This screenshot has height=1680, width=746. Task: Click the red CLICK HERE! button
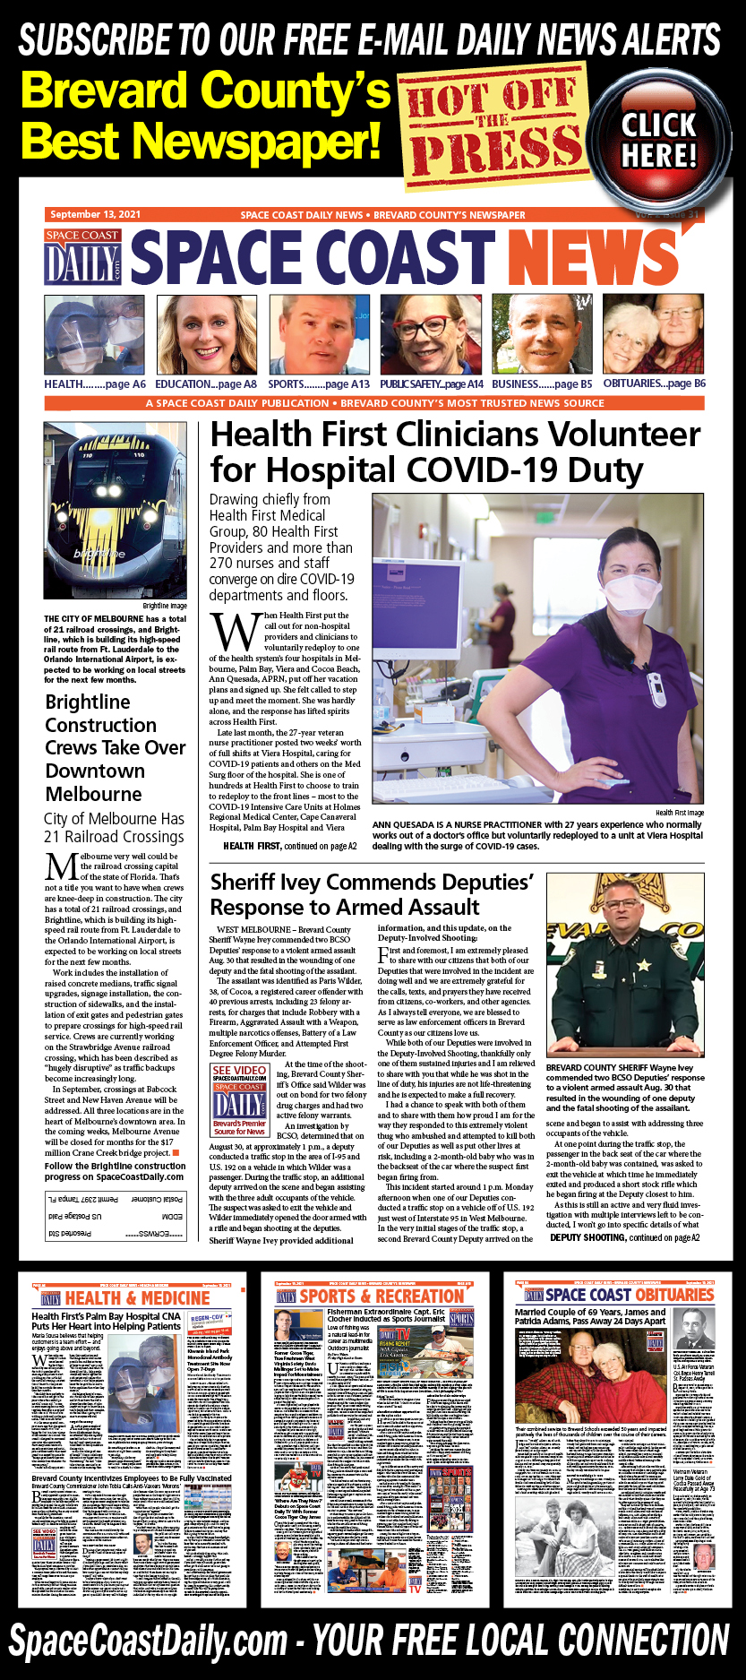pyautogui.click(x=658, y=139)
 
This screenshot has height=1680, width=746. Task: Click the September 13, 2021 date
pyautogui.click(x=95, y=215)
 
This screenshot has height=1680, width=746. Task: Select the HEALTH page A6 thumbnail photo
pyautogui.click(x=94, y=335)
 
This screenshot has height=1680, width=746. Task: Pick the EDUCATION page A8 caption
pyautogui.click(x=206, y=383)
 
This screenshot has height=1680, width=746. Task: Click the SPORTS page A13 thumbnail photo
pyautogui.click(x=319, y=335)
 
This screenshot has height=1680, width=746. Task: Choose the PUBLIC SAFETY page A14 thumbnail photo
pyautogui.click(x=431, y=335)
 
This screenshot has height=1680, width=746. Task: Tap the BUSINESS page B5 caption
pyautogui.click(x=542, y=383)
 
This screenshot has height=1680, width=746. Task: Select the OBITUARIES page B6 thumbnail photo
pyautogui.click(x=653, y=335)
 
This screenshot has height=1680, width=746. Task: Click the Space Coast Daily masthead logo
pyautogui.click(x=82, y=257)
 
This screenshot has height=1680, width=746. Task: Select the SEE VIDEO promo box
pyautogui.click(x=239, y=1099)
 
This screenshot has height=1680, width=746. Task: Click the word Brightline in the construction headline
pyautogui.click(x=88, y=702)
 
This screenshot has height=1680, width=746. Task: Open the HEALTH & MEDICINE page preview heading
pyautogui.click(x=137, y=1298)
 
